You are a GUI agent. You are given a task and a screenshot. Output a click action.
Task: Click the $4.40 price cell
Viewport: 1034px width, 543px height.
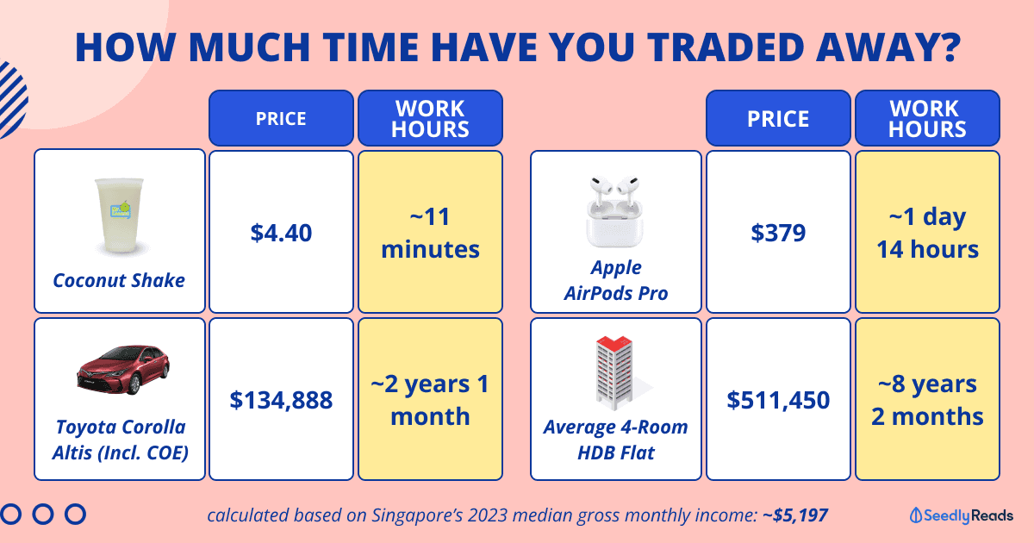(x=281, y=232)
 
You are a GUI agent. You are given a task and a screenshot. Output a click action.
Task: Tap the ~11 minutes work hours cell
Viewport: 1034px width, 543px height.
(x=430, y=232)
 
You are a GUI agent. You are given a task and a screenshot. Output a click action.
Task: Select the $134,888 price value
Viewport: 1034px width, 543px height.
(x=281, y=400)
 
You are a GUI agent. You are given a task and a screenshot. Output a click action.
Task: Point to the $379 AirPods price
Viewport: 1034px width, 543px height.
(x=778, y=233)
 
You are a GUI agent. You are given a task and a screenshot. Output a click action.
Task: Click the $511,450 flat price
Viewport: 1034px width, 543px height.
(x=778, y=400)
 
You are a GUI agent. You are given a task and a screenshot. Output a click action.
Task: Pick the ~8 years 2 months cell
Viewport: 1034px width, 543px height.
(x=927, y=399)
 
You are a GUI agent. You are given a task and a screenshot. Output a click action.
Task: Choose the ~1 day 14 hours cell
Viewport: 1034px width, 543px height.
(x=927, y=232)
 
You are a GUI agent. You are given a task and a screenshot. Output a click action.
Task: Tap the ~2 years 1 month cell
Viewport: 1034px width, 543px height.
(x=430, y=399)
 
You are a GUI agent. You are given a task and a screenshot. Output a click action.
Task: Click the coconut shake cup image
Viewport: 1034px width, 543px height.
(x=120, y=216)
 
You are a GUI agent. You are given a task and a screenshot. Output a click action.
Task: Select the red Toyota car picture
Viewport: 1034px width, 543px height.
(x=123, y=370)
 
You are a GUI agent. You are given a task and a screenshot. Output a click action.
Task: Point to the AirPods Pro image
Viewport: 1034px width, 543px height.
(x=615, y=211)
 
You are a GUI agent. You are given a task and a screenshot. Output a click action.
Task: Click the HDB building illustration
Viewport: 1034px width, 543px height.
(x=619, y=373)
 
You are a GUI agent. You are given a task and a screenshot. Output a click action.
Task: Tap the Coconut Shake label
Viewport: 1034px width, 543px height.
(x=119, y=280)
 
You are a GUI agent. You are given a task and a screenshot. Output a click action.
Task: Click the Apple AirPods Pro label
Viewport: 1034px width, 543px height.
(x=616, y=280)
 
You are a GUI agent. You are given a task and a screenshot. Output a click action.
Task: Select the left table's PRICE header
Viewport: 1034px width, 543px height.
(x=281, y=118)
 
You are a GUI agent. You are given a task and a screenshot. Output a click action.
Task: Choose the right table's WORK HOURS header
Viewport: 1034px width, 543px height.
(x=927, y=118)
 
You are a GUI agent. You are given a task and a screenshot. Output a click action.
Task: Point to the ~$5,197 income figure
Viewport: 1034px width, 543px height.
(x=795, y=515)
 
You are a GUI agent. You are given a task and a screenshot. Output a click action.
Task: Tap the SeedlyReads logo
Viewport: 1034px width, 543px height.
(x=962, y=515)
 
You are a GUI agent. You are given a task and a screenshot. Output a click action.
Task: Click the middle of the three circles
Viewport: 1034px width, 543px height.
(x=43, y=514)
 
